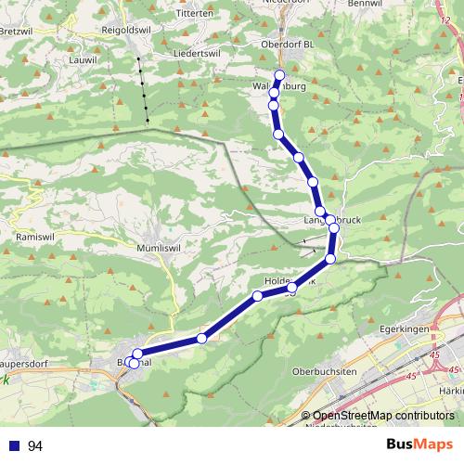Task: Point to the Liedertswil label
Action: pos(195,53)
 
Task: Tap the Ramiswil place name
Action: pos(32,238)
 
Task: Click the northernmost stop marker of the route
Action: pos(279,75)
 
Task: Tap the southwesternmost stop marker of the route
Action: pos(134,364)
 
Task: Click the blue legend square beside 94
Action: pos(14,446)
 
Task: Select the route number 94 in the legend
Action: pos(35,446)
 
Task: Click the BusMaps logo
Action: pos(419,445)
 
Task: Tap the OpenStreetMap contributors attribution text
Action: pos(383,416)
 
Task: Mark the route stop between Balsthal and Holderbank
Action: pos(201,339)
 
